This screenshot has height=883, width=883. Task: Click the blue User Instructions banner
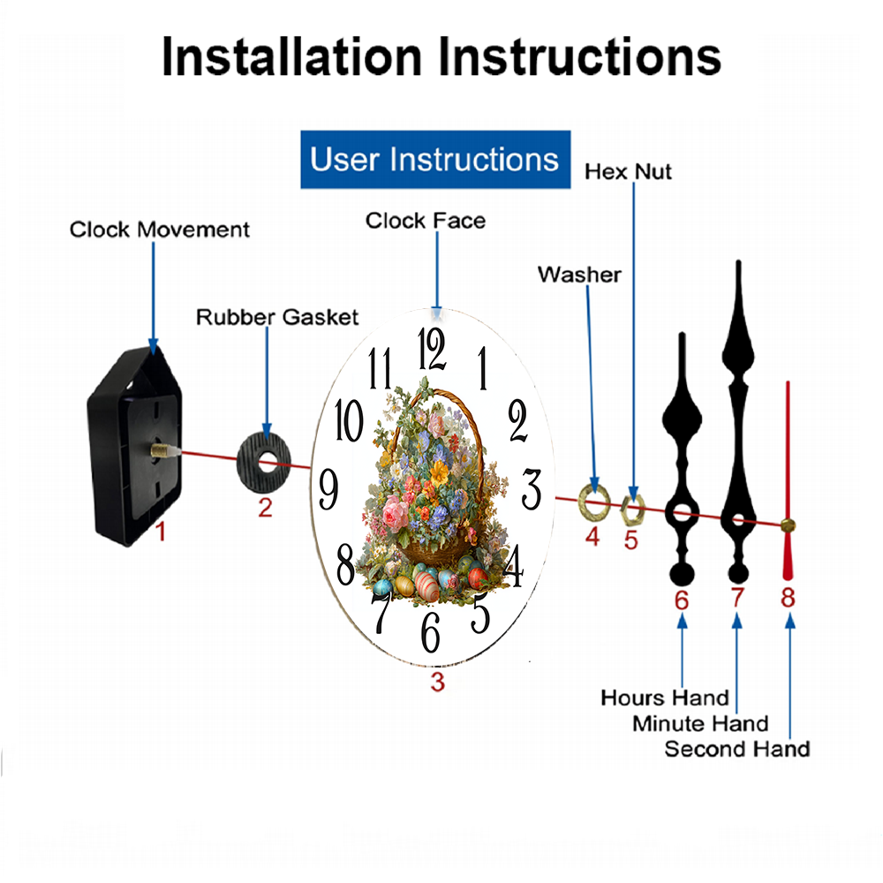click(x=435, y=160)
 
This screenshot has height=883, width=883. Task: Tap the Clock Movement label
click(x=160, y=230)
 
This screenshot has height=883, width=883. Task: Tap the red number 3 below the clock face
click(x=437, y=681)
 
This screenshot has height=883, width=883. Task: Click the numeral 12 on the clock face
click(x=433, y=349)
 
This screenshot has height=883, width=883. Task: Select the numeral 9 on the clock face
click(x=328, y=487)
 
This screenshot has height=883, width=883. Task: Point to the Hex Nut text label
click(x=628, y=171)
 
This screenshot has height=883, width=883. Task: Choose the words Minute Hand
click(x=700, y=724)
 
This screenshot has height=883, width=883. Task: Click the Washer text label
click(x=579, y=275)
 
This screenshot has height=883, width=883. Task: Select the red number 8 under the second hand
click(x=788, y=599)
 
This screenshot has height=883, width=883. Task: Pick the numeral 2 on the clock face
click(x=517, y=422)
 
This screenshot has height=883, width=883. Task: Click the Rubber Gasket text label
click(x=277, y=317)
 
